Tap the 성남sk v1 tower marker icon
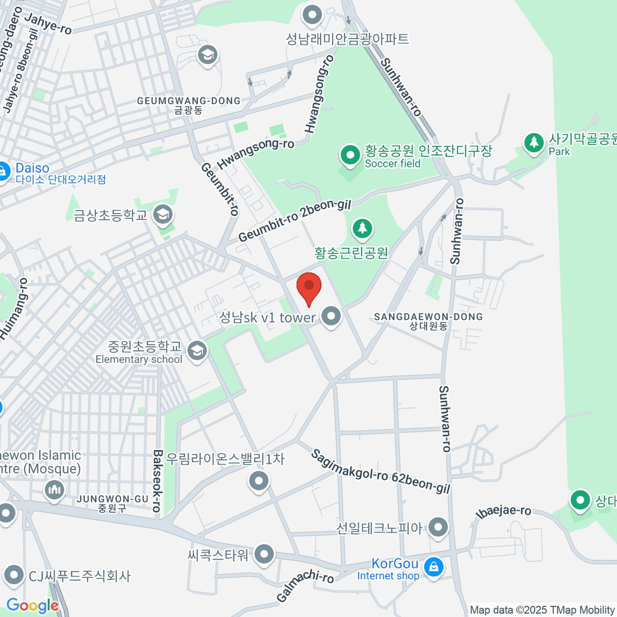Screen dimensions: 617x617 tap(331, 316)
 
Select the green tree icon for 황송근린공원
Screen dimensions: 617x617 tap(362, 228)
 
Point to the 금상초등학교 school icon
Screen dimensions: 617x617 tap(164, 215)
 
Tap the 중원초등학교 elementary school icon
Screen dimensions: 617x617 tap(196, 352)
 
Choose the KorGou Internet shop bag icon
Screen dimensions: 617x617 tap(433, 568)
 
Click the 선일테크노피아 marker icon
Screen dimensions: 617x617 tap(438, 527)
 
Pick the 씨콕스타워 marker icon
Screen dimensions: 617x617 tap(264, 554)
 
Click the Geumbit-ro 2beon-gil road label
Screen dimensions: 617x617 tap(295, 221)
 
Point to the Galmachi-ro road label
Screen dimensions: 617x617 tap(305, 586)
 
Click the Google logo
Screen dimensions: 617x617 tap(32, 606)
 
